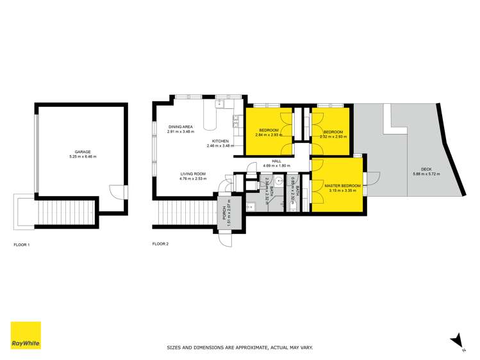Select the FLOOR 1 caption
coord(22,245)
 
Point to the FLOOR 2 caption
coord(160,244)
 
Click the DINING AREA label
coord(181,127)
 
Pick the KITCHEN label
coord(221,142)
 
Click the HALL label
coord(277,161)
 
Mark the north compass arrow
coord(456,339)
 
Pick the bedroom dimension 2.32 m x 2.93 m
coord(333,136)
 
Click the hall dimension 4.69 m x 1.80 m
coord(277,165)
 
